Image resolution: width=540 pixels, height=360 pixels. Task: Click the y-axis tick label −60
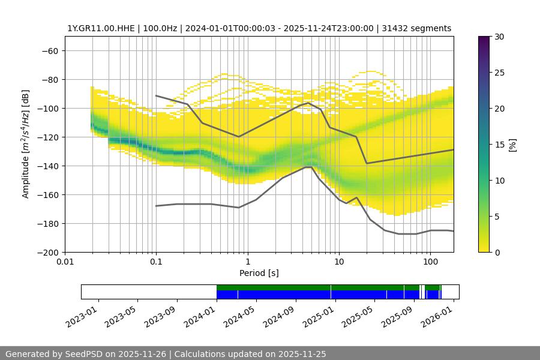49,50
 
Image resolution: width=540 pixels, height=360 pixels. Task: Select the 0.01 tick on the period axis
65,262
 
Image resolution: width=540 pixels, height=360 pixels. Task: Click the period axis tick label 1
247,262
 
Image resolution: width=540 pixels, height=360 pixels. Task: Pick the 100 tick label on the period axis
430,262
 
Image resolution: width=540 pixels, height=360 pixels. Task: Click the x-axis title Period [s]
259,273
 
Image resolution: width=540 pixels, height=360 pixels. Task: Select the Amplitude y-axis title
26,144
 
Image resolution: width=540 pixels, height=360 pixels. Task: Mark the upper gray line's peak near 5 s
308,103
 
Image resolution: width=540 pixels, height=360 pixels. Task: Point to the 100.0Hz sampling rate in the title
160,28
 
